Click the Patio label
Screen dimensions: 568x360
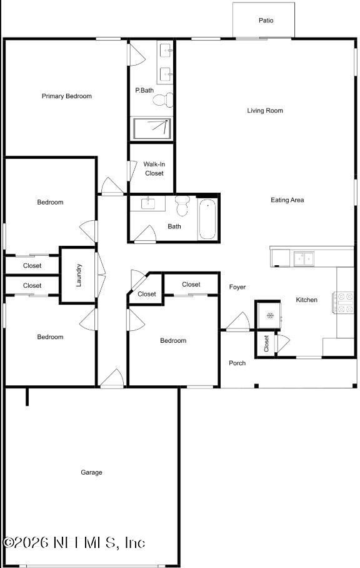[x=266, y=21]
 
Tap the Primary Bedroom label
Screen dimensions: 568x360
[x=67, y=96]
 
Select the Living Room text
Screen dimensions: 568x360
[x=265, y=111]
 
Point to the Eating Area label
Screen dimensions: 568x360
[x=287, y=200]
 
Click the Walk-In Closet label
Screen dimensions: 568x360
[x=154, y=169]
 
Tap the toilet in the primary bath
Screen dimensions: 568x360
[x=162, y=99]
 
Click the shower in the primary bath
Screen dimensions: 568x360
[x=151, y=128]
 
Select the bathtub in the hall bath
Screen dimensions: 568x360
[x=207, y=219]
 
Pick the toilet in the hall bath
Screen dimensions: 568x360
[x=182, y=205]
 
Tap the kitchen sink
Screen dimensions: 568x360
[x=304, y=257]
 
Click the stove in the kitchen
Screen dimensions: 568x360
[x=345, y=303]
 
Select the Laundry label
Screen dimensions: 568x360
[x=79, y=276]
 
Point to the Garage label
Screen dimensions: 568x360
[x=91, y=473]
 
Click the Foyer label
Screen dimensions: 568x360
[x=237, y=287]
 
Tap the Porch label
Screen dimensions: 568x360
[x=237, y=363]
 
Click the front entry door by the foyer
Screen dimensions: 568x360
[x=237, y=323]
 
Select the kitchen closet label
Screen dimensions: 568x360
[x=266, y=343]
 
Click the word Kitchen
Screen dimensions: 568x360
[x=306, y=300]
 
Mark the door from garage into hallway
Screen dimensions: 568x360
[x=112, y=379]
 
